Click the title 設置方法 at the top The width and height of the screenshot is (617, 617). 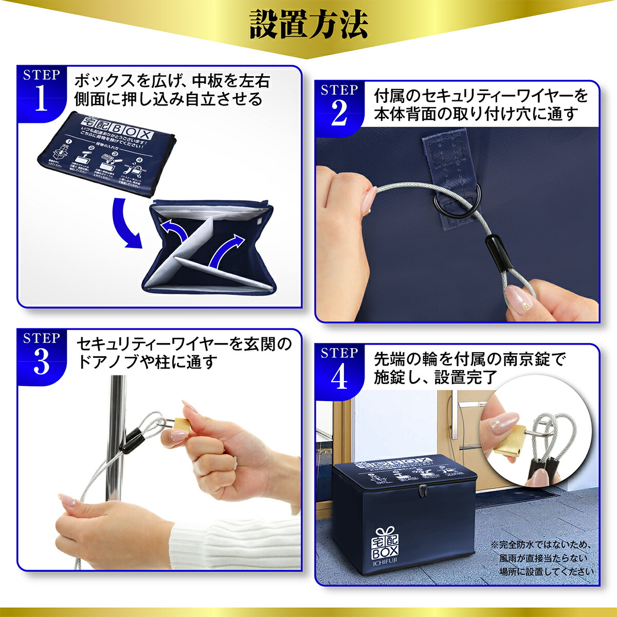(308, 24)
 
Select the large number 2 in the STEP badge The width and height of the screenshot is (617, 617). (339, 114)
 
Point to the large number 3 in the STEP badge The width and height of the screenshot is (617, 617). (41, 362)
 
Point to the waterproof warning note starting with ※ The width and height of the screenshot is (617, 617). (542, 558)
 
